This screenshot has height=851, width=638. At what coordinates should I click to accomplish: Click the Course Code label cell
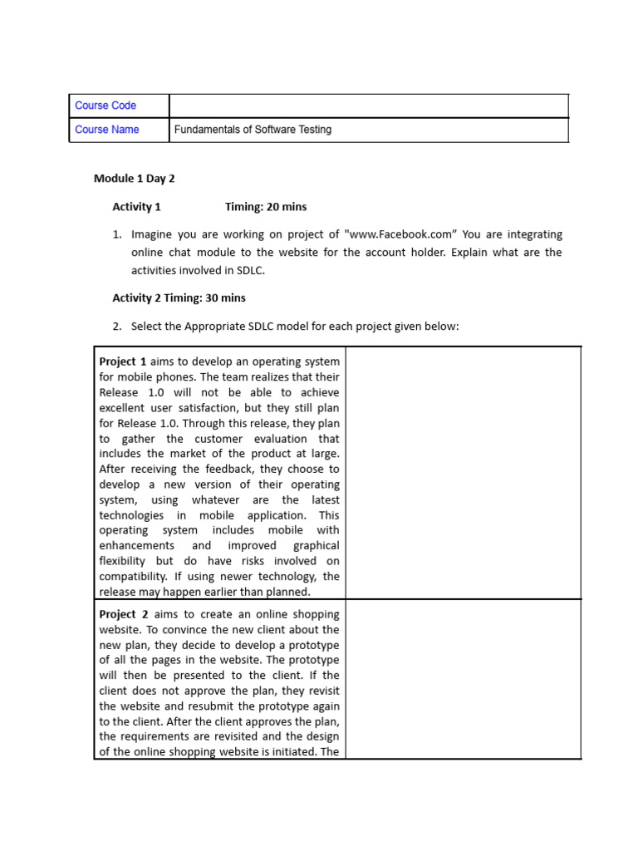tap(106, 106)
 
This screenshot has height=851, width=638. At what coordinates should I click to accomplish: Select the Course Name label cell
tap(107, 130)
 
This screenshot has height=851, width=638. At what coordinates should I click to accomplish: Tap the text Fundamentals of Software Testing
tap(253, 130)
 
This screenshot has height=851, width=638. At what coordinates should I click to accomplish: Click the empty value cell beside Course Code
tap(369, 106)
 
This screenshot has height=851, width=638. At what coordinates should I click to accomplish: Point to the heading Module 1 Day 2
tap(134, 179)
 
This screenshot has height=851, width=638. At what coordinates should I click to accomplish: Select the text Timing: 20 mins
tap(266, 207)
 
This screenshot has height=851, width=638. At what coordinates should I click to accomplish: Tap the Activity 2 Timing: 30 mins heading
tap(179, 298)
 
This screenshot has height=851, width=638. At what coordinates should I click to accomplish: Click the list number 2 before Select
tap(117, 327)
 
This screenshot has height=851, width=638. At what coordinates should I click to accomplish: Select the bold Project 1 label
tap(123, 362)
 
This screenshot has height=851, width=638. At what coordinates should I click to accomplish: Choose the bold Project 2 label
tap(123, 614)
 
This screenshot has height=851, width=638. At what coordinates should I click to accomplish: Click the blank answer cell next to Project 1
tap(463, 472)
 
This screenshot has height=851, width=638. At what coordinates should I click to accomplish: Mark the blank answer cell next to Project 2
tap(463, 678)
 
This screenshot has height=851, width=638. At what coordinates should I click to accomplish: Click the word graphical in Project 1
tap(316, 546)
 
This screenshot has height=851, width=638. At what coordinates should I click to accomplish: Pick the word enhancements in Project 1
tap(136, 546)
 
